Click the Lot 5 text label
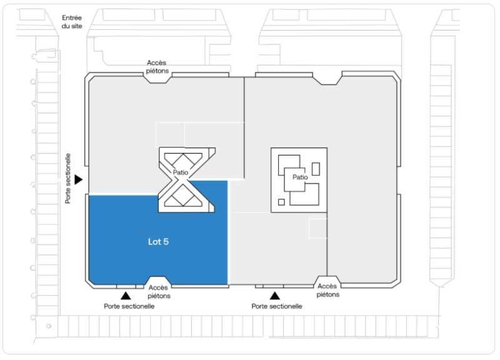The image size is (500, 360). click(157, 241)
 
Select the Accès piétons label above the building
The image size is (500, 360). click(157, 67)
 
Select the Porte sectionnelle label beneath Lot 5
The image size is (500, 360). click(129, 306)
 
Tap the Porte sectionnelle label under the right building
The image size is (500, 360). click(277, 306)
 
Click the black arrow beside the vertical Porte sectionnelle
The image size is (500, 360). click(78, 179)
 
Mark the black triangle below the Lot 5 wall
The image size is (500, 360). click(126, 295)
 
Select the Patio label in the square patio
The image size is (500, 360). click(299, 177)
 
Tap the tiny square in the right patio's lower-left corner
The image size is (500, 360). click(281, 202)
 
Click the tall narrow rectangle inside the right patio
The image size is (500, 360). click(316, 168)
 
